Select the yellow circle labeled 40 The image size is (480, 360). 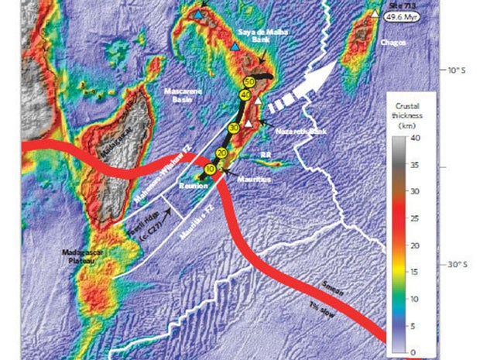tap(245, 96)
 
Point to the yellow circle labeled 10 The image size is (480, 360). tap(210, 169)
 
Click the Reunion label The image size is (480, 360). tap(191, 187)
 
